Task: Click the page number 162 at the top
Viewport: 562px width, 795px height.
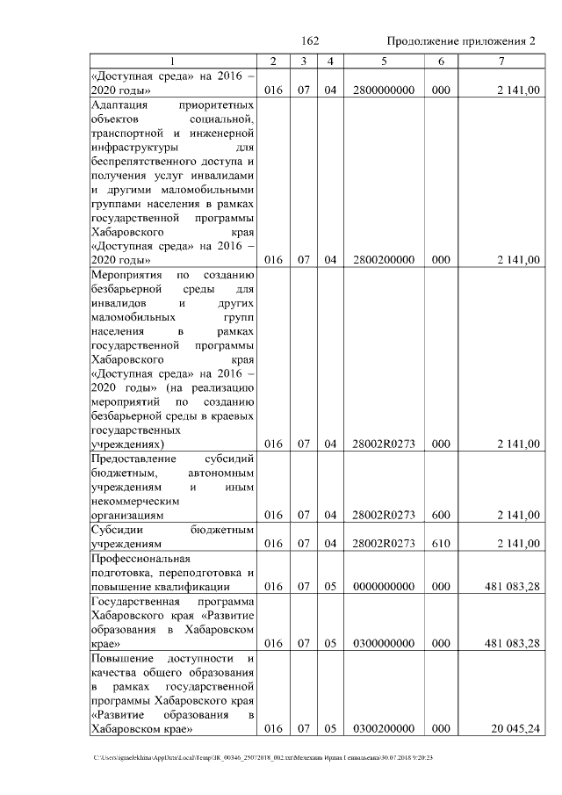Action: [309, 41]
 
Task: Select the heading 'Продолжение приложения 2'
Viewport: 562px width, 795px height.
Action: [461, 41]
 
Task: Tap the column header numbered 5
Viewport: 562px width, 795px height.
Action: [383, 61]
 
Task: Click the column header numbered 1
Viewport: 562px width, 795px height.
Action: [172, 61]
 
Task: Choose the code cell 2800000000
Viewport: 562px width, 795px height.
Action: [383, 90]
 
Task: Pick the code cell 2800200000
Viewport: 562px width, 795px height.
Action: [383, 259]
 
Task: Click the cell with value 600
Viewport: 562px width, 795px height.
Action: [441, 514]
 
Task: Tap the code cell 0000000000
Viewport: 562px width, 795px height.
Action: [383, 586]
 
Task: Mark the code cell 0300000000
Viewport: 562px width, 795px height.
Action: [383, 643]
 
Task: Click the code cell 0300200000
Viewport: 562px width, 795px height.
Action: [383, 728]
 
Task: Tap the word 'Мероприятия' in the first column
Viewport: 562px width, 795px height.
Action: [124, 274]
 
